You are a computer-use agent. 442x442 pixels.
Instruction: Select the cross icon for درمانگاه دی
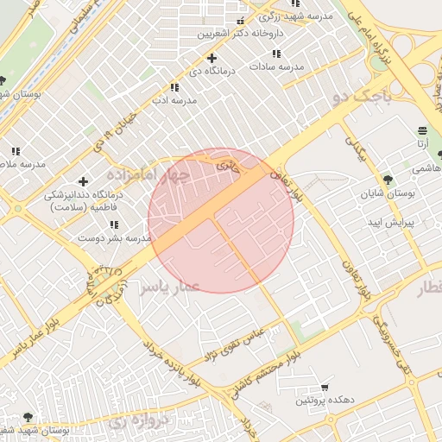click(x=212, y=58)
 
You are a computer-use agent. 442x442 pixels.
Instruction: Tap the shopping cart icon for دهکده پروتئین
click(x=325, y=388)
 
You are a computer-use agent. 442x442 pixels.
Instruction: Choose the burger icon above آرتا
click(x=422, y=130)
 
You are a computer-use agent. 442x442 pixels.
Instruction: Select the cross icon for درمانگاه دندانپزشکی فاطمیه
click(x=83, y=181)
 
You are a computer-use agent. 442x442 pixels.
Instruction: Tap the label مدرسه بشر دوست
click(x=115, y=237)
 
